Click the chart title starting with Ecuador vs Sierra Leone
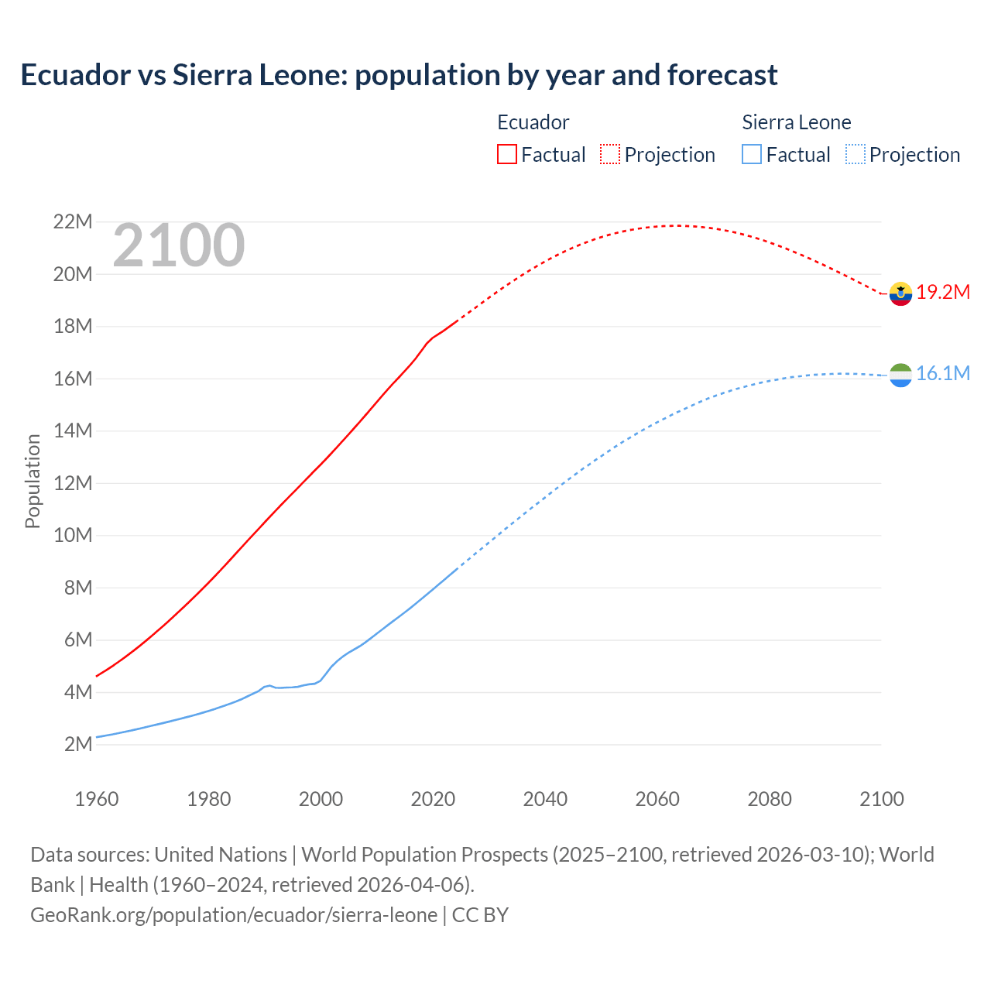pos(399,75)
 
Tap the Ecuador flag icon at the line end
pos(900,293)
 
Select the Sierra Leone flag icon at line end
pos(900,375)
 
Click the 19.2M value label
pos(943,293)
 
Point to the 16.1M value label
pos(943,374)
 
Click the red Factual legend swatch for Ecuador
pos(506,154)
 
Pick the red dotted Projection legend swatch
pos(610,154)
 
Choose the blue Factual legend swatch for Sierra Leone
pos(751,154)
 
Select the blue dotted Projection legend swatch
pos(855,154)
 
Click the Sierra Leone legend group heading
pos(796,122)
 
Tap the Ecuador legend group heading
pos(533,122)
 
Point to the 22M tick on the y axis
pos(73,222)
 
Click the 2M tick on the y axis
pos(78,745)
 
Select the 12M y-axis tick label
pos(73,483)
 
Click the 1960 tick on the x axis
pos(97,799)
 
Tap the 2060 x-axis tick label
pos(657,799)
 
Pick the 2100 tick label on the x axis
pos(881,799)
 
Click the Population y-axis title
pos(33,481)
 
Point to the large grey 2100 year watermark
pos(179,246)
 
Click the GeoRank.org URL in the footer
pos(234,915)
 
